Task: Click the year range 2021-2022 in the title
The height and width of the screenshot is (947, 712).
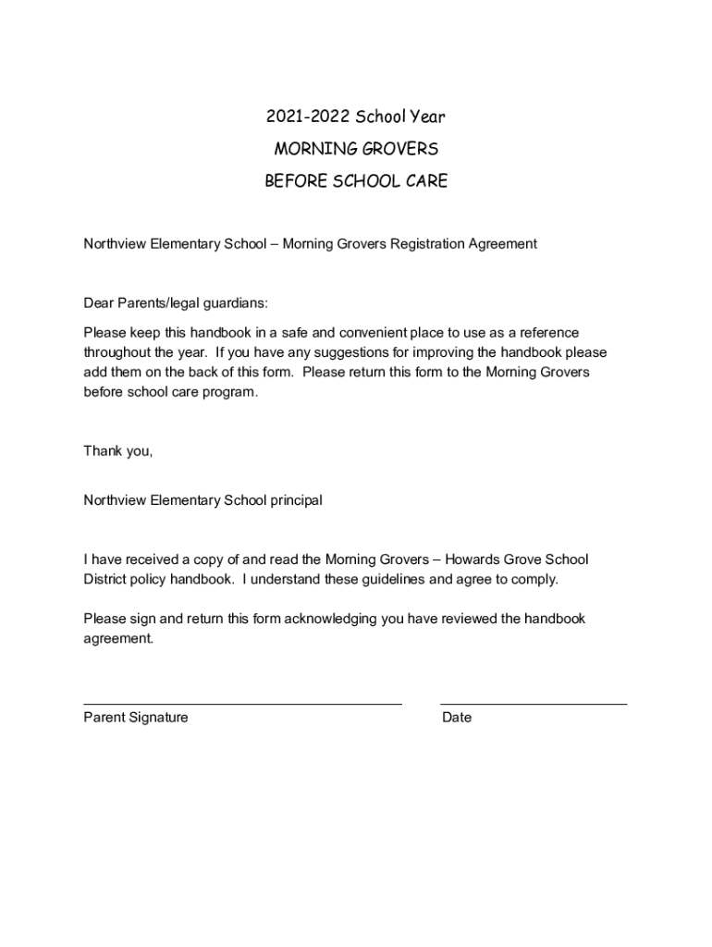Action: (x=302, y=117)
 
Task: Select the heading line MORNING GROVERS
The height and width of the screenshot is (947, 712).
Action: (x=356, y=149)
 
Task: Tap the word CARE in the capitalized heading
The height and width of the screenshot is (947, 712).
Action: (x=424, y=181)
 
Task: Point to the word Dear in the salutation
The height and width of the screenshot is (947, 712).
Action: (x=99, y=303)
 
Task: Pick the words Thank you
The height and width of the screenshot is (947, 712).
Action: (x=117, y=451)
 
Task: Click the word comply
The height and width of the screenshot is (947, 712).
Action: (x=534, y=580)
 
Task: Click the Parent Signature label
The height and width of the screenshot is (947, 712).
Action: (x=136, y=718)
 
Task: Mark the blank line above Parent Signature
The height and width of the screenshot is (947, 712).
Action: (x=242, y=704)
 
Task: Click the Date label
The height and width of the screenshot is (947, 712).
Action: (x=457, y=718)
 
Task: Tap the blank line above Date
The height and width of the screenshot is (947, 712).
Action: (x=534, y=704)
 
